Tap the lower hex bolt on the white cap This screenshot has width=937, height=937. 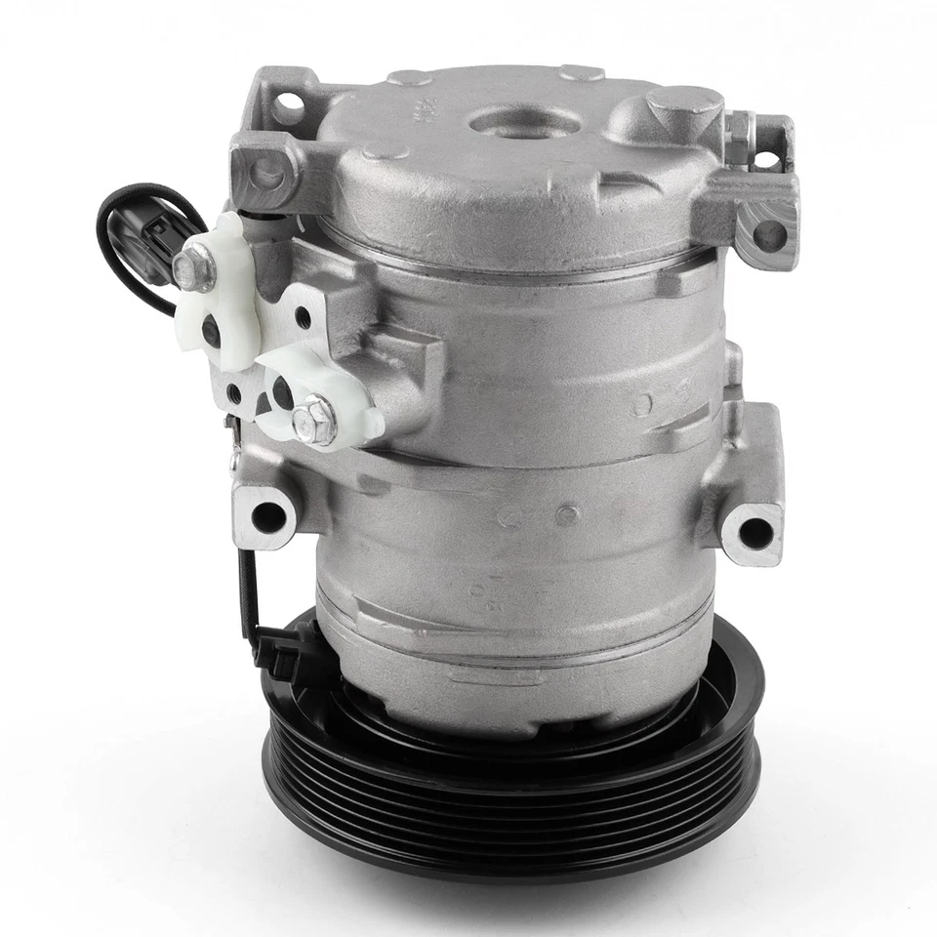(314, 420)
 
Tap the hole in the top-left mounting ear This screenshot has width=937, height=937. (287, 107)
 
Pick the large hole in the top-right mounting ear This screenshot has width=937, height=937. (769, 234)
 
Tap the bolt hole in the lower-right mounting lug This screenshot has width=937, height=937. (754, 532)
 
